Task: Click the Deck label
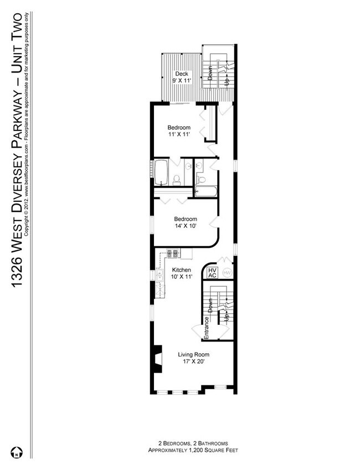click(181, 74)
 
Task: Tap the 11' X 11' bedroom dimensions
click(179, 134)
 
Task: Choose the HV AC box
click(212, 273)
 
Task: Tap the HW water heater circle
click(227, 272)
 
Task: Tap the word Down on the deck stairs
click(210, 74)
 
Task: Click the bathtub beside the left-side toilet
click(161, 173)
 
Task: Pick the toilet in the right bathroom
click(202, 180)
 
